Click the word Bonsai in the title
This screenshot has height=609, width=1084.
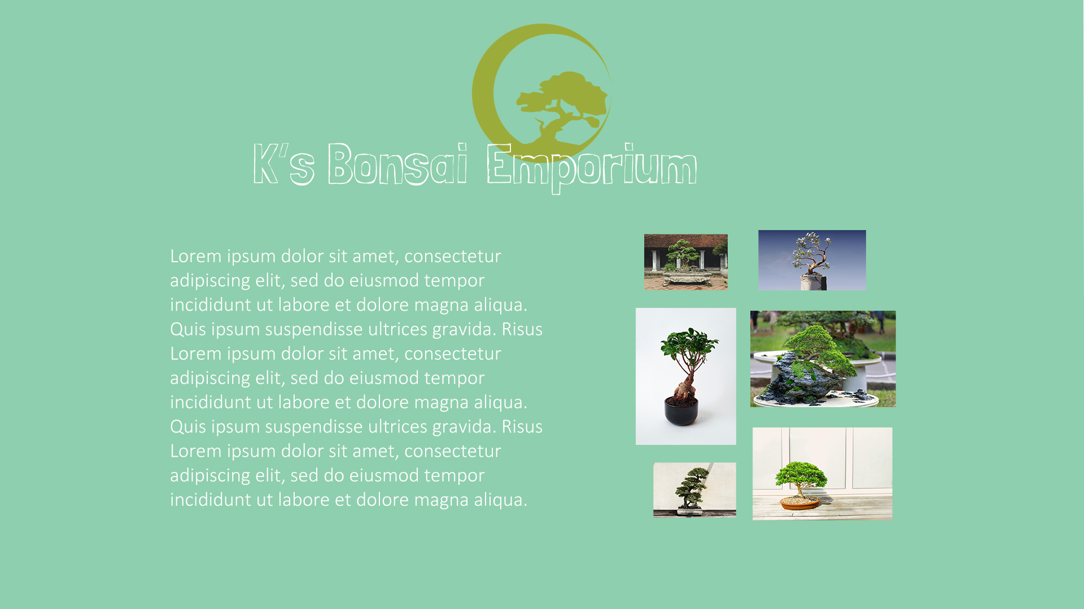[x=397, y=164]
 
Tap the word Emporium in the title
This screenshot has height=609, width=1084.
[x=592, y=167]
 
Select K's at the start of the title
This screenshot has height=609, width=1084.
[x=283, y=164]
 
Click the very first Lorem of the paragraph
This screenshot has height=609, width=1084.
[x=195, y=256]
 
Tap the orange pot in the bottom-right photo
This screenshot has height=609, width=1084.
[x=799, y=503]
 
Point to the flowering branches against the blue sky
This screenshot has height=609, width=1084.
[x=811, y=254]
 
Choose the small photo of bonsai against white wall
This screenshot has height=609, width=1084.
[x=694, y=489]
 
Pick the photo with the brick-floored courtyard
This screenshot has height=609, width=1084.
[x=686, y=262]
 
